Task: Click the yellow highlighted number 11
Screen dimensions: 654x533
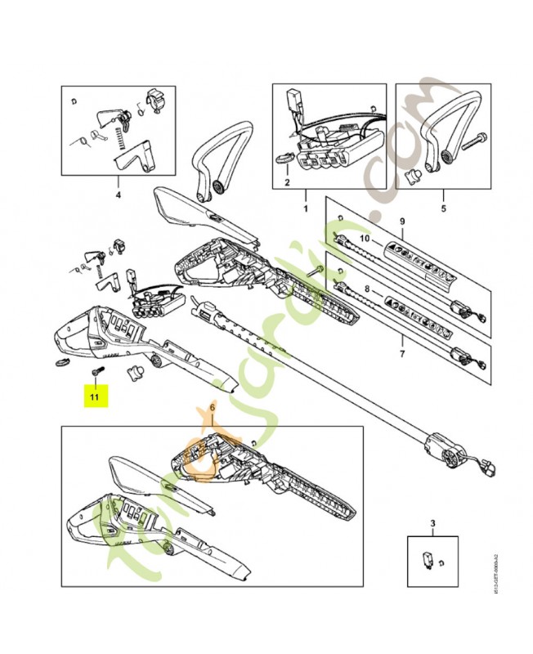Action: [x=94, y=396]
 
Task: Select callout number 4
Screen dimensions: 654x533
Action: [x=118, y=196]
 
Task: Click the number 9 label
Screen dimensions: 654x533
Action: [x=401, y=222]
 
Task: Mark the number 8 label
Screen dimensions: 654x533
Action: [x=367, y=289]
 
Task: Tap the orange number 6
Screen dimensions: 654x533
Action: [x=212, y=406]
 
